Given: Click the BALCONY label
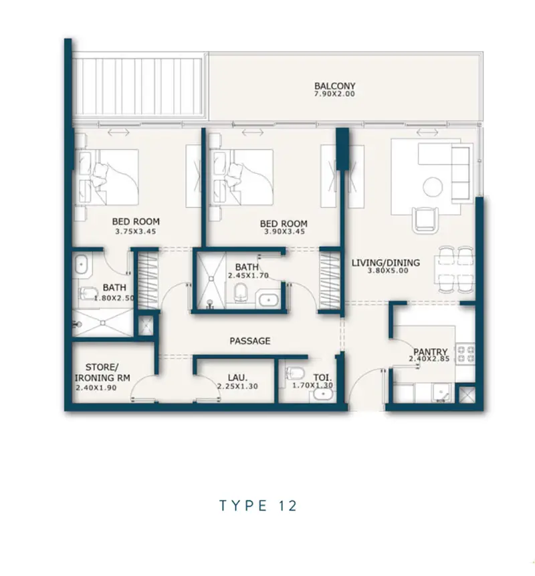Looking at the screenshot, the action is pos(334,86).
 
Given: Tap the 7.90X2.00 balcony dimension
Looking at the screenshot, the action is pos(334,94).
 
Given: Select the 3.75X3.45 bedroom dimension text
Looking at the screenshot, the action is pos(136,231).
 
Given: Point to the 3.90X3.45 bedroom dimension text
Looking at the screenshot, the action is pos(284,231).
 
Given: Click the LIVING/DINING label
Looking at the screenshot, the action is pos(386,263).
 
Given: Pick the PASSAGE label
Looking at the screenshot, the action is pos(250,341).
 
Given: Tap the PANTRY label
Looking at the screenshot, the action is pos(430,351).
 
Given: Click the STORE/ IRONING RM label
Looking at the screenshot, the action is pos(102,372).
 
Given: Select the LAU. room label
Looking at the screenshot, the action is pos(237,378).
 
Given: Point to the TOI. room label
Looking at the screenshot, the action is pos(323,378).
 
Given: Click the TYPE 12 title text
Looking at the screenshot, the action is pos(258,506).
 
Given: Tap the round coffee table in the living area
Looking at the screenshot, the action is pos(433,187).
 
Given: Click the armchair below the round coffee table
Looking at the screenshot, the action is pos(425,220).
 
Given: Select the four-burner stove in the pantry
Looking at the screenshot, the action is pos(465,354).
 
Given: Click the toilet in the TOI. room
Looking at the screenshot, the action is pos(296,374).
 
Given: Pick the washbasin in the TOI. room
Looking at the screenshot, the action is pos(323,395).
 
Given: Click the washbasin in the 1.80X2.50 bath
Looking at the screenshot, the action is pos(81,265).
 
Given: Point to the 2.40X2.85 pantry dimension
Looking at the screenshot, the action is pos(429,359).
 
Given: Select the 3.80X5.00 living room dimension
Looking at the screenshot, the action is pos(388,271).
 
